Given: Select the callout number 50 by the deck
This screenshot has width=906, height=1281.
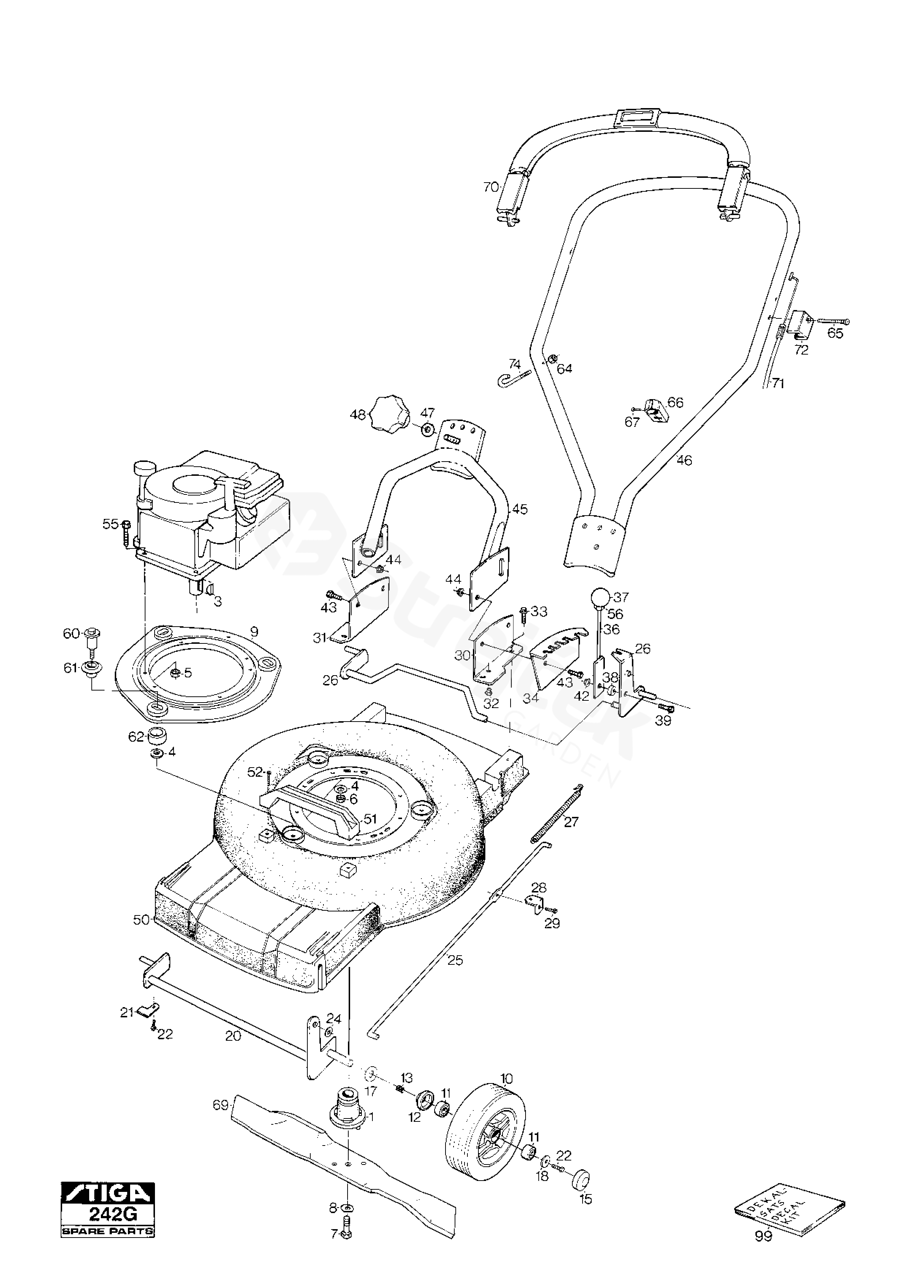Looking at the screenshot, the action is (141, 920).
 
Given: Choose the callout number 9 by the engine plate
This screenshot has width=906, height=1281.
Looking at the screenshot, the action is (255, 632).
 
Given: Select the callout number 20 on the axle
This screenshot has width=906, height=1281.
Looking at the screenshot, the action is (233, 1036).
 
